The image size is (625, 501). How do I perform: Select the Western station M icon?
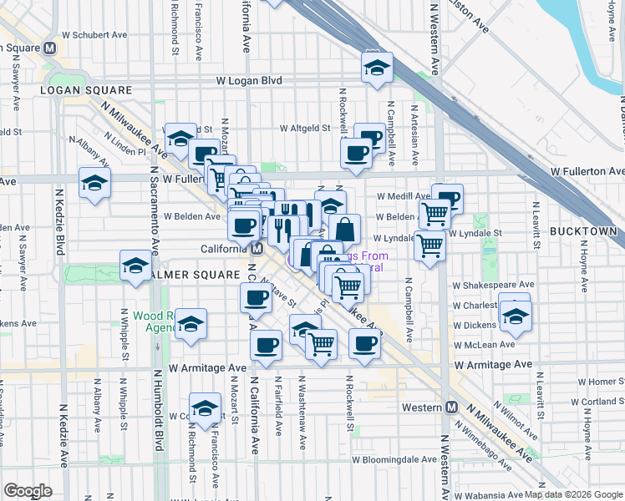(452, 407)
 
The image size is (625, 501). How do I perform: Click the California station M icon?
(257, 249)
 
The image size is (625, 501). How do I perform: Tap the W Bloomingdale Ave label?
(394, 459)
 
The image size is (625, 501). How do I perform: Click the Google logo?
(28, 490)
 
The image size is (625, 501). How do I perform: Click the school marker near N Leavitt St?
(515, 316)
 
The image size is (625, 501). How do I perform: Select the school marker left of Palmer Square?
(135, 265)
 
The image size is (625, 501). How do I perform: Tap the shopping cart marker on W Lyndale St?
(429, 246)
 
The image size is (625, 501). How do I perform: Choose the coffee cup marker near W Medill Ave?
(448, 198)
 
